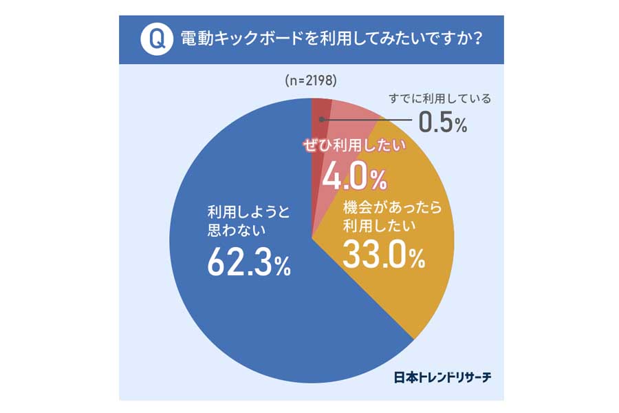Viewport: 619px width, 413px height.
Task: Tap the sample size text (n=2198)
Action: click(x=310, y=81)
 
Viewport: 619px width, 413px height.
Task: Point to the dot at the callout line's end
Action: click(x=322, y=120)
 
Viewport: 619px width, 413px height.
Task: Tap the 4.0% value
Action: click(x=355, y=177)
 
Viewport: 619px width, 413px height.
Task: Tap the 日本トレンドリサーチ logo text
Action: click(x=442, y=377)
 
